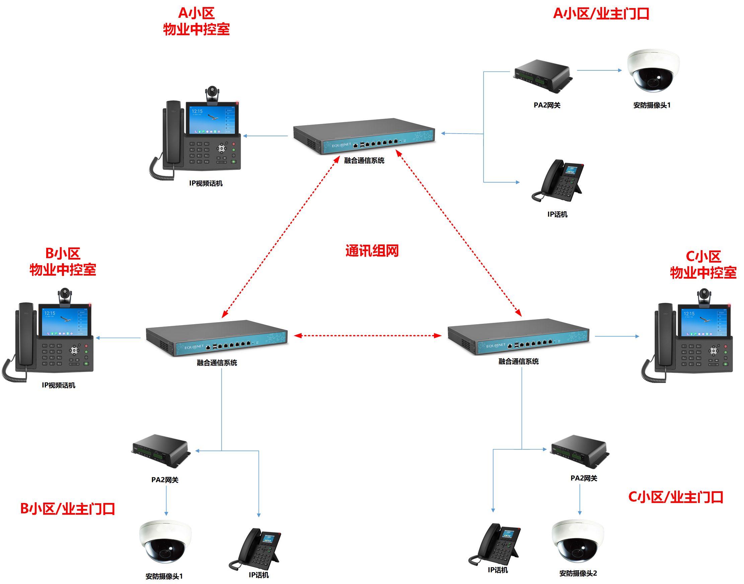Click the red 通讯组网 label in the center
click(x=372, y=251)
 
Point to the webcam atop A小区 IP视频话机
click(x=212, y=94)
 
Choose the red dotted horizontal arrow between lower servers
click(x=368, y=336)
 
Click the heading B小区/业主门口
click(x=68, y=509)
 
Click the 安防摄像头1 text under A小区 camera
click(x=652, y=105)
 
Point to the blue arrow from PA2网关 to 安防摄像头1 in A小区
click(x=599, y=70)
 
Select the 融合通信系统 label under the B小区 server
click(x=217, y=363)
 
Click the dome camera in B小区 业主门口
click(x=165, y=541)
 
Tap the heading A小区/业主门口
click(x=601, y=14)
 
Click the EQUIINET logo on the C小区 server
click(x=495, y=345)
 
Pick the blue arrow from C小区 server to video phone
click(x=616, y=337)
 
